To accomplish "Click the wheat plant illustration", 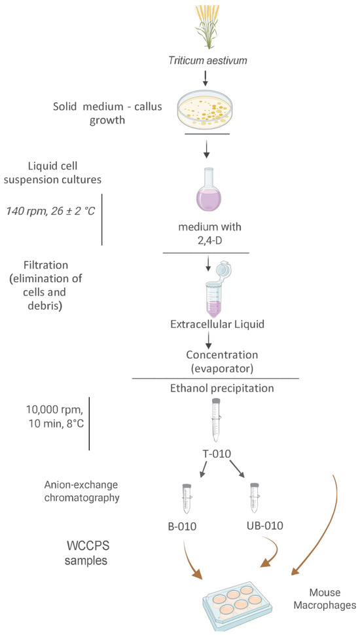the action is [207, 27].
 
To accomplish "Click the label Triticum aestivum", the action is [207, 61].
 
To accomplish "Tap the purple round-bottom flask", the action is [207, 192].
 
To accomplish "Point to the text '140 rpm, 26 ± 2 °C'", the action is [50, 211].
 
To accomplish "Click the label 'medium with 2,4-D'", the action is [207, 232].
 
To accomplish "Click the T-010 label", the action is [216, 454].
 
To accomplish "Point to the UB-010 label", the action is [264, 526].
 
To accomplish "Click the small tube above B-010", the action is [187, 499].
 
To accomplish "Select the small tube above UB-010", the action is [255, 499].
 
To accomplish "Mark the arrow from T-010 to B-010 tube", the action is [204, 470].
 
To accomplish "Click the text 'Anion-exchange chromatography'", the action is [82, 491].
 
